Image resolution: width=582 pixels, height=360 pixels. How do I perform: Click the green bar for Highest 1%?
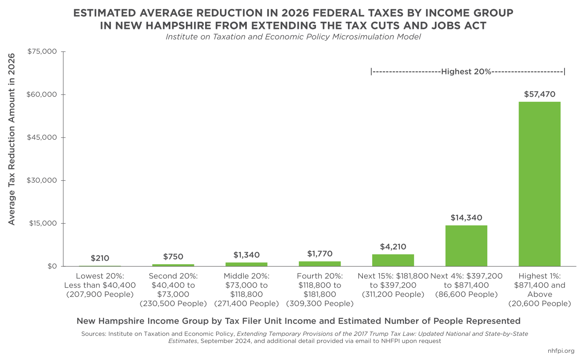pyautogui.click(x=539, y=184)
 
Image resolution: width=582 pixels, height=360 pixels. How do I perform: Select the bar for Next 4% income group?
pyautogui.click(x=466, y=245)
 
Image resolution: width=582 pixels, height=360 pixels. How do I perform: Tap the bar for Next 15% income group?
pyautogui.click(x=393, y=260)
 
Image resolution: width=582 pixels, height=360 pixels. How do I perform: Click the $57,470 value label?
pyautogui.click(x=539, y=94)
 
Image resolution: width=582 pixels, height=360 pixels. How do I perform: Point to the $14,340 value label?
pyautogui.click(x=466, y=218)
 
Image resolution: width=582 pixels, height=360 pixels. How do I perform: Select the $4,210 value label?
pyautogui.click(x=393, y=247)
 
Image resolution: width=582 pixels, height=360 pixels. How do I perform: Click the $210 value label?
pyautogui.click(x=100, y=258)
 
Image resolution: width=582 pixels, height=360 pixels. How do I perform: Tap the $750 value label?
pyautogui.click(x=173, y=256)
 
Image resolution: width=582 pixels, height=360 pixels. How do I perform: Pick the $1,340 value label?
pyautogui.click(x=246, y=255)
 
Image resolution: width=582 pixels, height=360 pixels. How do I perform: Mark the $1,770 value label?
pyautogui.click(x=319, y=254)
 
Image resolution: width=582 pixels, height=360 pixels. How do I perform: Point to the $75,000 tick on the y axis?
pyautogui.click(x=42, y=52)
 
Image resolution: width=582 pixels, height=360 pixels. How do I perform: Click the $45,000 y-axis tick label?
pyautogui.click(x=42, y=138)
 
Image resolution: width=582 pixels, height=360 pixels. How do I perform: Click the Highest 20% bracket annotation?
pyautogui.click(x=467, y=72)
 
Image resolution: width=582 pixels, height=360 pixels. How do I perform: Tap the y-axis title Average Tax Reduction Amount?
pyautogui.click(x=12, y=139)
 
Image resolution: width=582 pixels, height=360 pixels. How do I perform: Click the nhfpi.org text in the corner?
pyautogui.click(x=560, y=351)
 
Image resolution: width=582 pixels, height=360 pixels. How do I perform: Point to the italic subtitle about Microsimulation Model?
pyautogui.click(x=293, y=37)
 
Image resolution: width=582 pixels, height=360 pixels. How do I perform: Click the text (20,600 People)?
pyautogui.click(x=539, y=304)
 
